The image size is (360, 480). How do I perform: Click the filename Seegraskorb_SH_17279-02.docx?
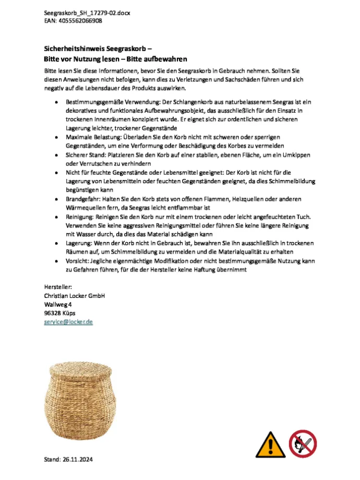pyautogui.click(x=87, y=13)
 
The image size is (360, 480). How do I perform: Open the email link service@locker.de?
pyautogui.click(x=68, y=322)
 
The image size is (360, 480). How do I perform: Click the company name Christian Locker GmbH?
pyautogui.click(x=75, y=295)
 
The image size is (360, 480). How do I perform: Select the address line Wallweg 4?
pyautogui.click(x=58, y=304)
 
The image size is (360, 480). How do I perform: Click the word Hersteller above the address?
pyautogui.click(x=58, y=286)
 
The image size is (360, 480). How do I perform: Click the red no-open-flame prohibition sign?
pyautogui.click(x=303, y=443)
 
